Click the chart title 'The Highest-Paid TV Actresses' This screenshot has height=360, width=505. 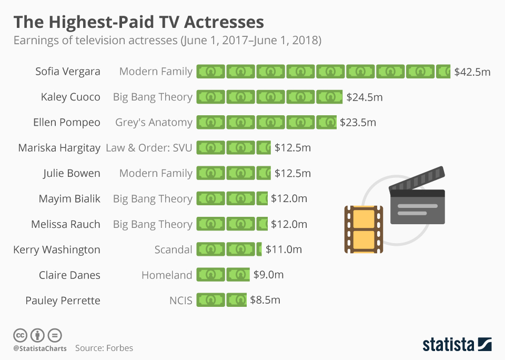[138, 22]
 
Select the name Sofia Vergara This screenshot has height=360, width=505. [67, 72]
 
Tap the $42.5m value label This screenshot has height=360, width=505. [472, 72]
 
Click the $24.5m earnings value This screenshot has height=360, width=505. [365, 97]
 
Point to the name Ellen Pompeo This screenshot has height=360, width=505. [66, 122]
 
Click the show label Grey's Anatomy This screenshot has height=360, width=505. [154, 122]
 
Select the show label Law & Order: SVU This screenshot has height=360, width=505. [149, 148]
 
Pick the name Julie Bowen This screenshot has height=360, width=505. [72, 173]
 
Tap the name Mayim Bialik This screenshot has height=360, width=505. [69, 198]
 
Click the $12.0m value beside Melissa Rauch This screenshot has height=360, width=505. [289, 224]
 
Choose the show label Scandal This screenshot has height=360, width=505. [173, 249]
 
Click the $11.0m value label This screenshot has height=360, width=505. [284, 249]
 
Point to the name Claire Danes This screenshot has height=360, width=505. [69, 275]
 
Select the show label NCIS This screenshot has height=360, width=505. [180, 301]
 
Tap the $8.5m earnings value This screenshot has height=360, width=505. [265, 301]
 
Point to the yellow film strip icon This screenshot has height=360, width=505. [363, 229]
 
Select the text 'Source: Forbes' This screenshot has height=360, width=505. [104, 348]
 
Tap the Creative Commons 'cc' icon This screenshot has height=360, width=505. [20, 335]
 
